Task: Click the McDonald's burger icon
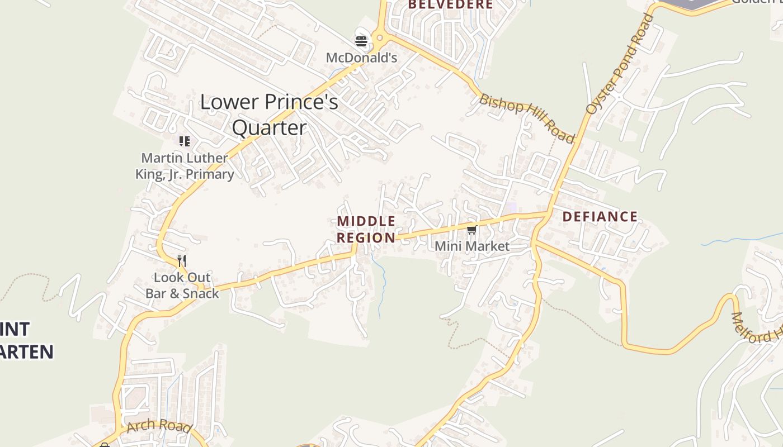point(361,41)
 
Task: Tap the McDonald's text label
point(361,58)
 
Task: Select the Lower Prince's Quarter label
point(269,115)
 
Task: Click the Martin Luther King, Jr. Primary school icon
point(184,141)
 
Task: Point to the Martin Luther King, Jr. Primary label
point(185,166)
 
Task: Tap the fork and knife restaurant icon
point(182,260)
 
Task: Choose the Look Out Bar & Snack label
point(182,285)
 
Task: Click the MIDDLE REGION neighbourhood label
point(366,230)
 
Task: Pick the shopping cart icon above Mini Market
point(471,230)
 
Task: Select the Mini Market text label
point(472,246)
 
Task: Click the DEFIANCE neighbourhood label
point(600,217)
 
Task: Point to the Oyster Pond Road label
point(620,64)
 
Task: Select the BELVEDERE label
point(450,5)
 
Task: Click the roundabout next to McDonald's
point(380,39)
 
